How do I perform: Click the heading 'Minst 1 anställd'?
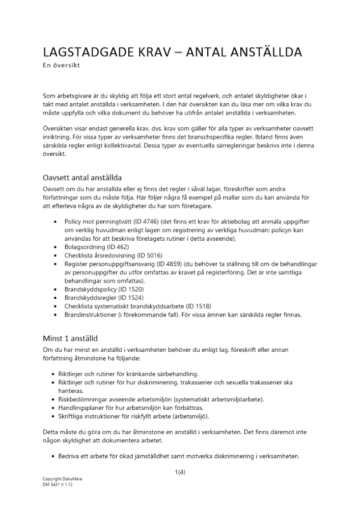[x=70, y=338]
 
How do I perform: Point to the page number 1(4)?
[x=180, y=472]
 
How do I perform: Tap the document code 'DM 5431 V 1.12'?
[x=58, y=485]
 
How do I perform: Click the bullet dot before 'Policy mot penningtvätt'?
[x=54, y=222]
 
